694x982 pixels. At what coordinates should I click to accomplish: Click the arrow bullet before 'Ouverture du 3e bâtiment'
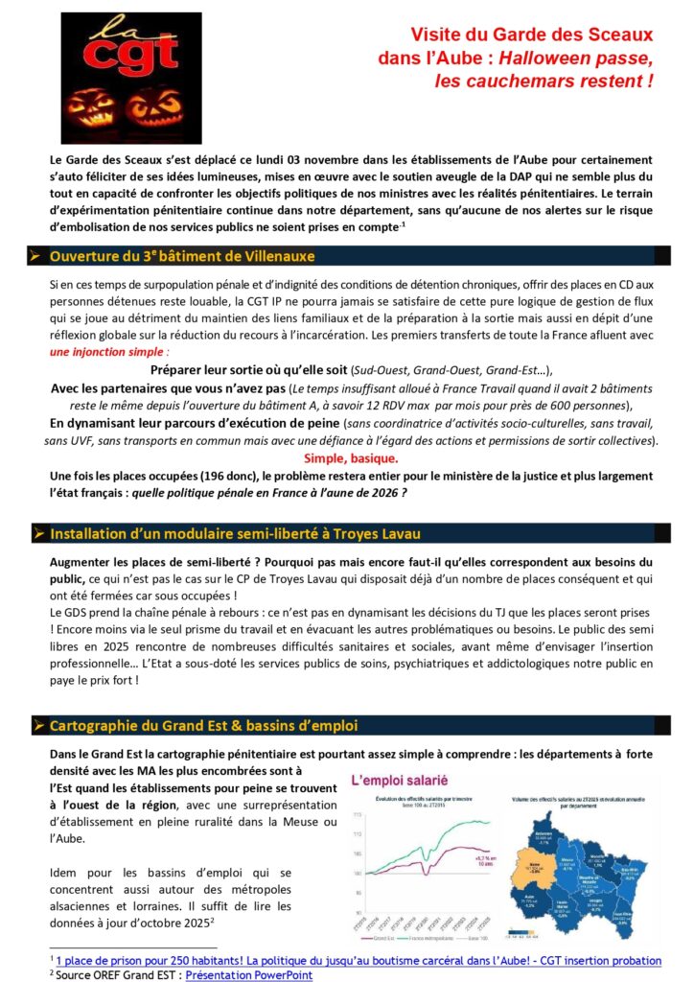[35, 256]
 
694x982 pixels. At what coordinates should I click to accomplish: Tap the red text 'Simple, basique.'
[346, 457]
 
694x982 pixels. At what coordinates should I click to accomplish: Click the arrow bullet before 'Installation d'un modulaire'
[35, 532]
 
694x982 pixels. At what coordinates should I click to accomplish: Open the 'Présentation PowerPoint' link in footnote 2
[248, 974]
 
